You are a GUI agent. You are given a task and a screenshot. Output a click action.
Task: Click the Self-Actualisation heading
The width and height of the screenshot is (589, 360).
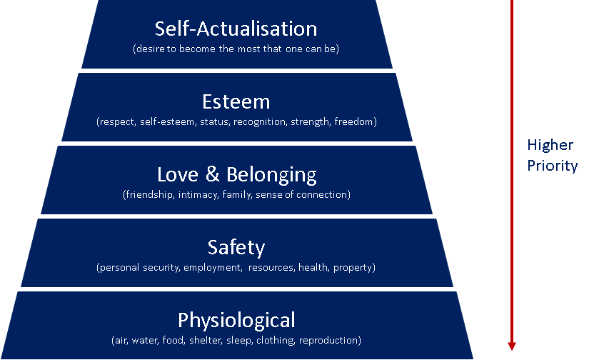[x=236, y=29]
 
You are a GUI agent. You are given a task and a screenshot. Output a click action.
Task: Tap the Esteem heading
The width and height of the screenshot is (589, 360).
[x=236, y=101]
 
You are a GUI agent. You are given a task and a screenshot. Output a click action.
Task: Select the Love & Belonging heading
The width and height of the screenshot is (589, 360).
[x=236, y=174]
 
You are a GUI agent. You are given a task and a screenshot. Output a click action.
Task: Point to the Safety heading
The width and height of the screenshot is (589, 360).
[x=236, y=247]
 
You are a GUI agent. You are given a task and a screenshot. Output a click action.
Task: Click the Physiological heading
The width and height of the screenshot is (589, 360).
[x=236, y=319]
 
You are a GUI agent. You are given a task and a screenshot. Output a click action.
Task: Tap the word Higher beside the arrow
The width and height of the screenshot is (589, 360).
[x=550, y=145]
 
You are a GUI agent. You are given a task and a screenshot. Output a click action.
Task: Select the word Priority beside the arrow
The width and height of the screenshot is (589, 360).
[x=552, y=166]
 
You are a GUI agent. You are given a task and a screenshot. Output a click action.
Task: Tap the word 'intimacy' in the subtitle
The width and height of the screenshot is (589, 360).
[x=199, y=194]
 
